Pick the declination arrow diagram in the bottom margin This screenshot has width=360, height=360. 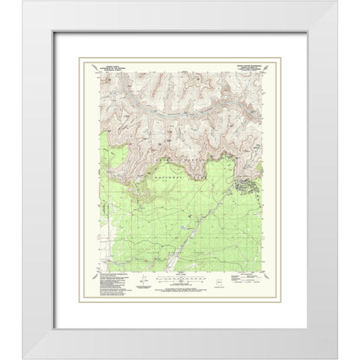143,284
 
